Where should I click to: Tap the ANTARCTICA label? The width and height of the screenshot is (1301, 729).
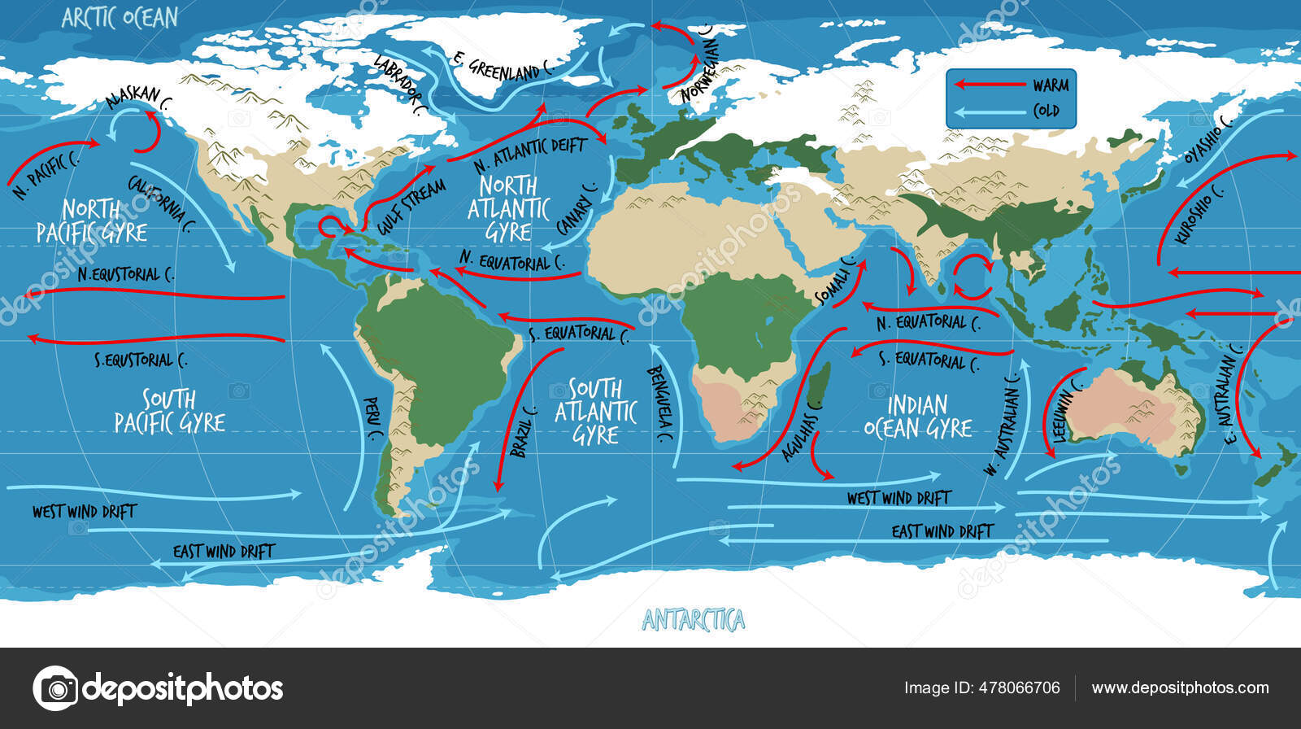click(x=693, y=621)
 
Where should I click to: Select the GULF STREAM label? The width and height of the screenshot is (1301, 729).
click(x=411, y=207)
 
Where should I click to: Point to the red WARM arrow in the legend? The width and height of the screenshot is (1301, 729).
click(x=988, y=85)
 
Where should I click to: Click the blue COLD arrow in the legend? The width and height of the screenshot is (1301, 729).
click(x=988, y=112)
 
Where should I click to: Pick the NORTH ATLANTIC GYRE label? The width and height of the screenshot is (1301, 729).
click(x=509, y=208)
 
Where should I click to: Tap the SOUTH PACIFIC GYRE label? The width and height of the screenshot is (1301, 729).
click(x=169, y=411)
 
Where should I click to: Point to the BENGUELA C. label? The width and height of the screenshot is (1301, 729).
click(x=660, y=404)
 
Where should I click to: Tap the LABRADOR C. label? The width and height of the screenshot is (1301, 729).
click(x=399, y=85)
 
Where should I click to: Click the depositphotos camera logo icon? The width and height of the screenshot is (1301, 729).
click(x=55, y=688)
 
